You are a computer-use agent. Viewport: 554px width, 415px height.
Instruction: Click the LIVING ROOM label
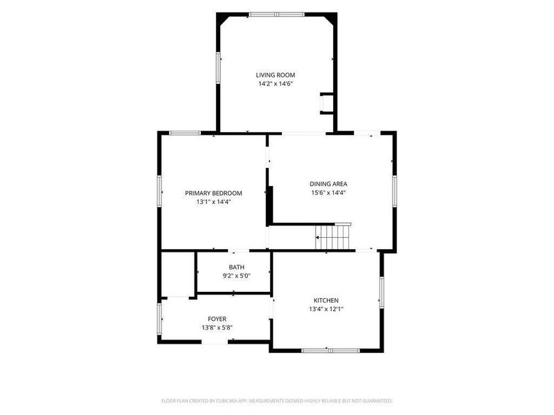point(275,75)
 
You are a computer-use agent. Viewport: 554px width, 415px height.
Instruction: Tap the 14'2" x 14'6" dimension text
point(276,84)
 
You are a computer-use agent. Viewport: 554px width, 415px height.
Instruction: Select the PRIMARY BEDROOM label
point(213,193)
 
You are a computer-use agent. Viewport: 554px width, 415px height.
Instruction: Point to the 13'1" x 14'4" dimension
point(213,202)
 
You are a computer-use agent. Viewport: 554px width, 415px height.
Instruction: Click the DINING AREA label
point(328,183)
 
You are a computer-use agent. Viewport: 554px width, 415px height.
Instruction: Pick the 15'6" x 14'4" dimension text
point(328,193)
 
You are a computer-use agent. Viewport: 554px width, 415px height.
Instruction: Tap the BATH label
point(236,267)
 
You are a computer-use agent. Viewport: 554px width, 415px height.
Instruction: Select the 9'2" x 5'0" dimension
point(236,276)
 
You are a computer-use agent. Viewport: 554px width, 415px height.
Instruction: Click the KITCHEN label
point(326,300)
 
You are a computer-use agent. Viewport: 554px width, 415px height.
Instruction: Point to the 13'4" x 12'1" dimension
point(326,309)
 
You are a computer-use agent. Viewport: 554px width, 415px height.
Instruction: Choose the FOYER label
point(217,319)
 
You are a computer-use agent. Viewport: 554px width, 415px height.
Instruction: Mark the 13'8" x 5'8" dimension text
point(217,327)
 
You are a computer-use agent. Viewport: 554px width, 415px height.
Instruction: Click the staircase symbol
point(333,237)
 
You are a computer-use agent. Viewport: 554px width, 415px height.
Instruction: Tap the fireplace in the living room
point(325,103)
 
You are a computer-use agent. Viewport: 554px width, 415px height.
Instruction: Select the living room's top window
point(276,15)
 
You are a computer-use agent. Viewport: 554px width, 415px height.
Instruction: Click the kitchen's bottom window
point(330,351)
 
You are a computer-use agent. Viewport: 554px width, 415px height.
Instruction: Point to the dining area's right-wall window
point(394,192)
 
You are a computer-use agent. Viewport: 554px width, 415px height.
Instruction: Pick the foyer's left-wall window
point(159,319)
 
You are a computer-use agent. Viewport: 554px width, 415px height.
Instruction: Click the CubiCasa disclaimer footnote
point(276,401)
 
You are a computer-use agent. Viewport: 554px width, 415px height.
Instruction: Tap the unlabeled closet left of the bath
point(178,273)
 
